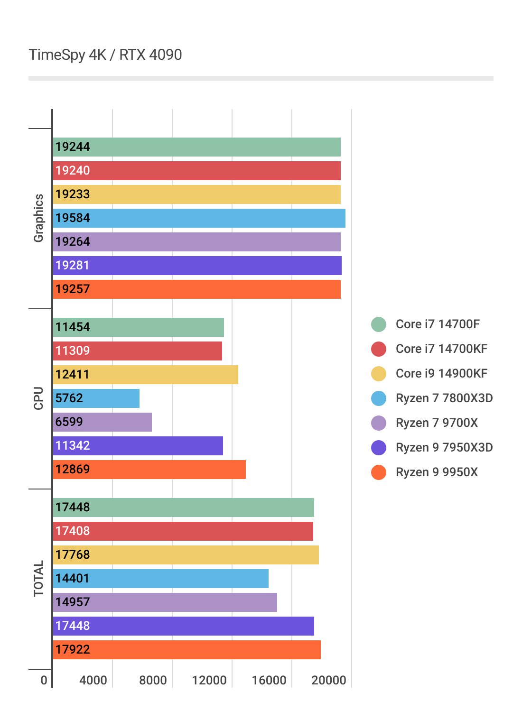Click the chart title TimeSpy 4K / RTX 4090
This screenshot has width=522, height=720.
(x=105, y=55)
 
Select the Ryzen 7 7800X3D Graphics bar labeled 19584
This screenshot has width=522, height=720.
(x=199, y=218)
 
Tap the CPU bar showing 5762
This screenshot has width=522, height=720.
(x=96, y=398)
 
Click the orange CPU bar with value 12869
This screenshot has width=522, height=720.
(x=149, y=470)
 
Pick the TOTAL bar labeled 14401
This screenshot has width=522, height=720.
(x=161, y=579)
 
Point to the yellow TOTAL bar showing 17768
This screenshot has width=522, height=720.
(x=186, y=555)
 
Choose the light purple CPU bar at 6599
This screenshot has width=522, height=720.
(x=103, y=422)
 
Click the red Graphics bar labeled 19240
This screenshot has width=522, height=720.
(x=197, y=171)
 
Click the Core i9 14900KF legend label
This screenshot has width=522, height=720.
(x=441, y=374)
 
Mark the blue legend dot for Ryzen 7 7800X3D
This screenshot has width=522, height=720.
(x=379, y=398)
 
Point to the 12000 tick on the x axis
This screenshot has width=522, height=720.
(x=209, y=680)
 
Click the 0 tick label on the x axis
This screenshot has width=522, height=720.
(x=44, y=680)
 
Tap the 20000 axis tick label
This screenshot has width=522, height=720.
(x=328, y=680)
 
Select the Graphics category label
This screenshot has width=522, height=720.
(x=38, y=218)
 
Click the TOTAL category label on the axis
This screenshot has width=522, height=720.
(x=38, y=579)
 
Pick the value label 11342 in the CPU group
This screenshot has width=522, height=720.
(x=73, y=446)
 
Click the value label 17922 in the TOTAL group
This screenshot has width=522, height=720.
(x=73, y=650)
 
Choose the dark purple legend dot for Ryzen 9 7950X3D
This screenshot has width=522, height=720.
(x=379, y=448)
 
